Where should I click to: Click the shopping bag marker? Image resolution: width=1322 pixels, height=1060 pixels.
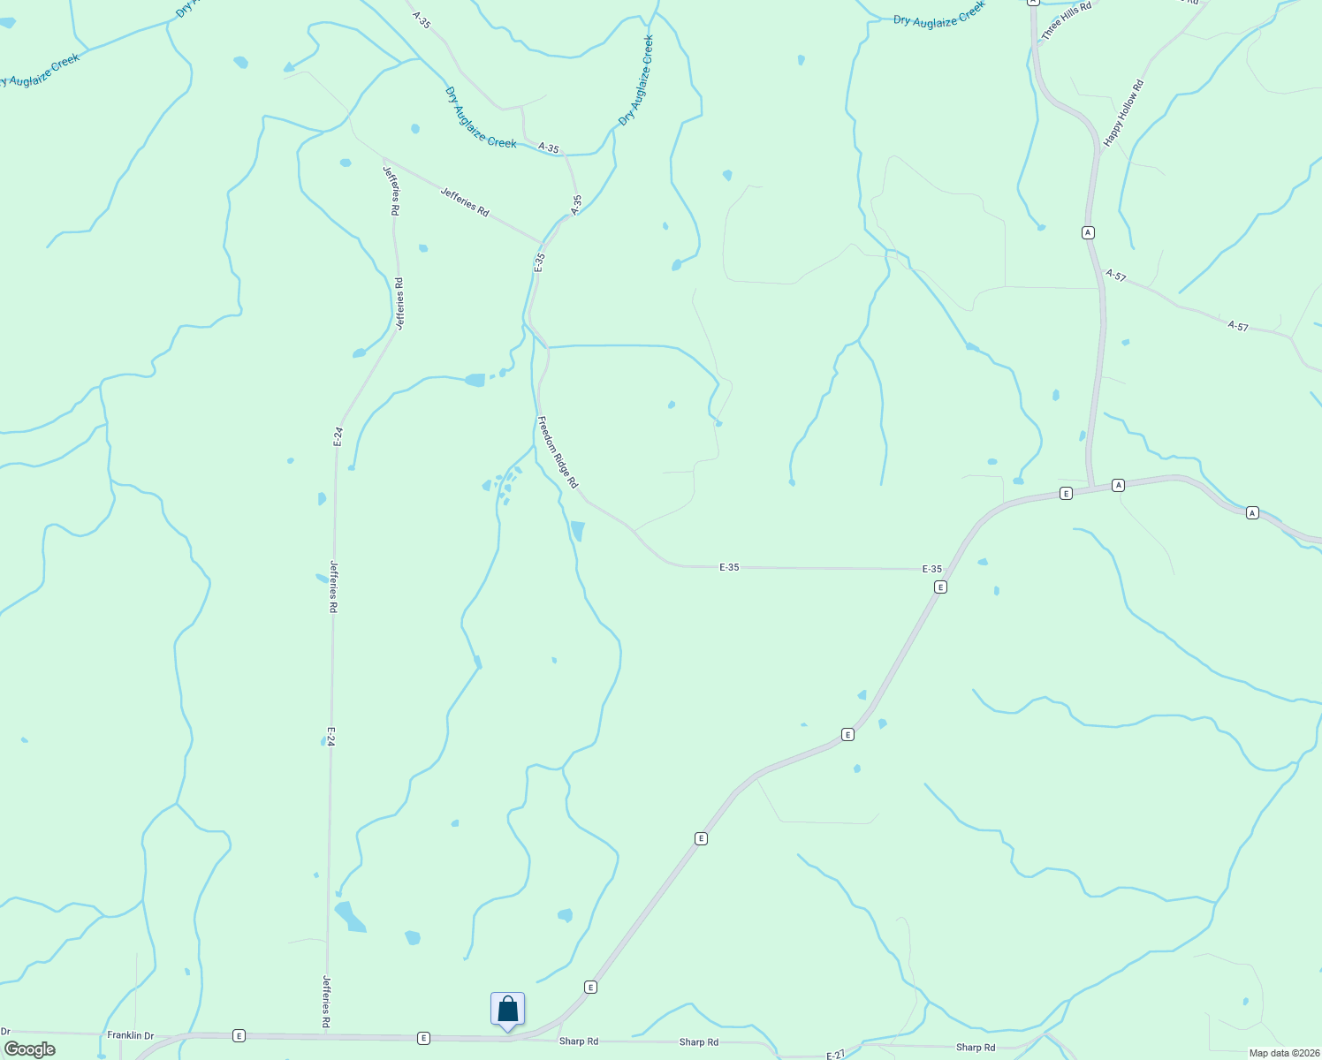(508, 1009)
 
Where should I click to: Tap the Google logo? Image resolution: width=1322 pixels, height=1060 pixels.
(29, 1049)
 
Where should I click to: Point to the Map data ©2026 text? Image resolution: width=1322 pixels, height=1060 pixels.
(1283, 1053)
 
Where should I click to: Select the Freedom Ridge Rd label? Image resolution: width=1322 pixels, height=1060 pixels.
(558, 452)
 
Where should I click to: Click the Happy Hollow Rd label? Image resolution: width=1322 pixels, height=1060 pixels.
(1123, 112)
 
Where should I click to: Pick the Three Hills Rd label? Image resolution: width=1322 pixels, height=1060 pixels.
(1066, 19)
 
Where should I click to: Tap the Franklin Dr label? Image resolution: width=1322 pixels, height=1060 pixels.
(130, 1035)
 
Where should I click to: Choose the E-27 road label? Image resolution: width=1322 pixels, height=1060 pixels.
(836, 1055)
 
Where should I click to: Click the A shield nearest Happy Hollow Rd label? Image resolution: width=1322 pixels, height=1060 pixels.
(1088, 232)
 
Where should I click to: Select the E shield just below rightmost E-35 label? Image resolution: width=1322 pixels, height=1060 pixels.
(941, 587)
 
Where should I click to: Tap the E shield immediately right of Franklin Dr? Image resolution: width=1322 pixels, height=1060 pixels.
(239, 1035)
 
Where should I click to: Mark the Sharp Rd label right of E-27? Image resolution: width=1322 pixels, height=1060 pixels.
(976, 1048)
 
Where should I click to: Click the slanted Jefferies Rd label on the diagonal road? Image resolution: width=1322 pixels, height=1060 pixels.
(465, 202)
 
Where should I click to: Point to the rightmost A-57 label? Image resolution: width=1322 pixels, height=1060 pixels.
(1238, 326)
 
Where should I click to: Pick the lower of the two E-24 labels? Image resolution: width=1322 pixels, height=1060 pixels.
(330, 737)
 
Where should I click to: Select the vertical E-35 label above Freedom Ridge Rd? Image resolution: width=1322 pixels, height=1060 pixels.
(539, 262)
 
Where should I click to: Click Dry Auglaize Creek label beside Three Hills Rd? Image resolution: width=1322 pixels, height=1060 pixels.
(938, 14)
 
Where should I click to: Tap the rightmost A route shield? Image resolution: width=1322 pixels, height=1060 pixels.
(1252, 512)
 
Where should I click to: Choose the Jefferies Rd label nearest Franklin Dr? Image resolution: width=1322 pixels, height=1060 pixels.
(326, 1001)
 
